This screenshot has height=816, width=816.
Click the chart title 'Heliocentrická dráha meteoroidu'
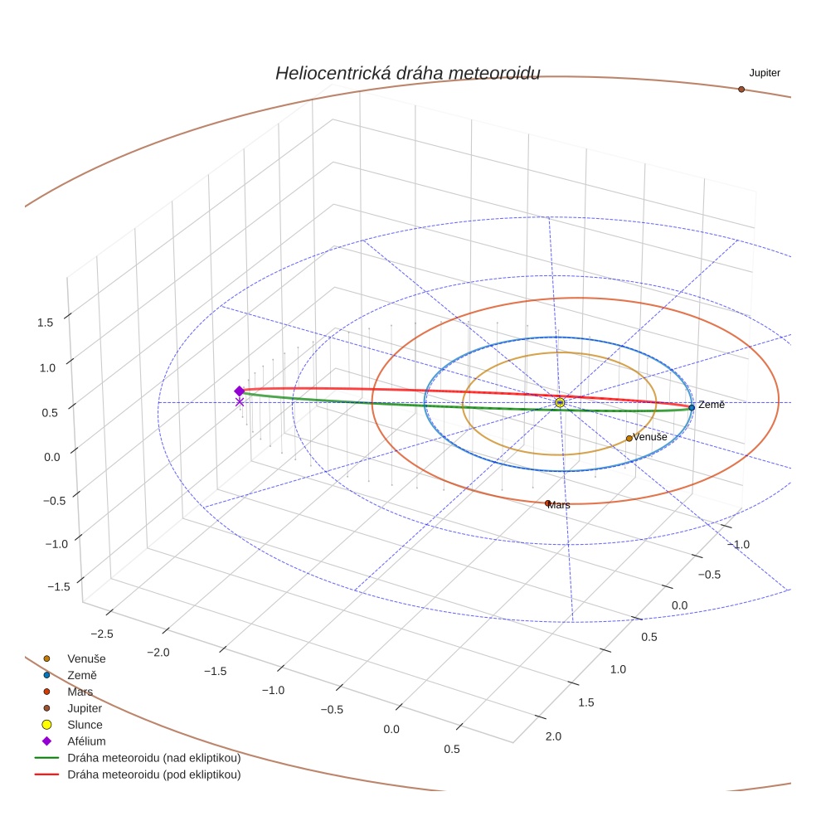tap(407, 73)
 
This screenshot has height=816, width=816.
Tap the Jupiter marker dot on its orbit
tap(741, 89)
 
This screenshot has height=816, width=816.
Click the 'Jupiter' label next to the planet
tap(764, 73)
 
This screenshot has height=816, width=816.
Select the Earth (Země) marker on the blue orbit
tap(692, 407)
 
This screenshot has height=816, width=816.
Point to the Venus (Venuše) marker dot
tap(629, 438)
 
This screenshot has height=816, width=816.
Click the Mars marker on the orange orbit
tap(547, 503)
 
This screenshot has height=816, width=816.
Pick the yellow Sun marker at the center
tap(560, 402)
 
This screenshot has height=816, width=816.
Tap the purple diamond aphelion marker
tap(240, 391)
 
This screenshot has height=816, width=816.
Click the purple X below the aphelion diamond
tap(240, 402)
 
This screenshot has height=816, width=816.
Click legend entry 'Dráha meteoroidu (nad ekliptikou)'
tap(154, 758)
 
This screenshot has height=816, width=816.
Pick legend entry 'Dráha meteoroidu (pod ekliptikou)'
tap(154, 775)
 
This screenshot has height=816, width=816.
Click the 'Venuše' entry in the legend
tap(86, 658)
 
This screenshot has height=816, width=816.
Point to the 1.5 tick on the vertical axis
tap(46, 323)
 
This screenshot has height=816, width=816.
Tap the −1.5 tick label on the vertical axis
tap(58, 587)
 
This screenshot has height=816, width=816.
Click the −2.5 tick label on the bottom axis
tap(100, 634)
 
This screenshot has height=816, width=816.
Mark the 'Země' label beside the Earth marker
tap(711, 405)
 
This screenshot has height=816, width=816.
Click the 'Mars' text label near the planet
tap(560, 505)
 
